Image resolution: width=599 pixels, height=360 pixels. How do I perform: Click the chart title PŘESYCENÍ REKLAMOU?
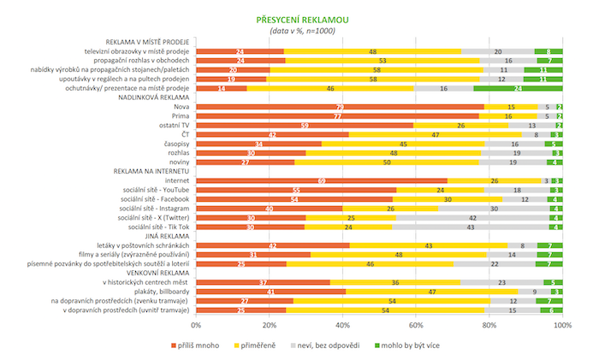pos(300,19)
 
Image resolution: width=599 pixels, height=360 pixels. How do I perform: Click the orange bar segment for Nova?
pos(340,107)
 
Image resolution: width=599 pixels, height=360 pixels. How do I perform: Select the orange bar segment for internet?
pos(322,181)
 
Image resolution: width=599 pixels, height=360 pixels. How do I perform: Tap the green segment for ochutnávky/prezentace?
pos(518,88)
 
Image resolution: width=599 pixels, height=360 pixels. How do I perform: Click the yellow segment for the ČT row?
pos(436,134)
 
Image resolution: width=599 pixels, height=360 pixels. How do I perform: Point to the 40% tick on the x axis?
pos(342,326)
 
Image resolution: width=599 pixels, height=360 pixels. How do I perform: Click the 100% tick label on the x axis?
pos(561,326)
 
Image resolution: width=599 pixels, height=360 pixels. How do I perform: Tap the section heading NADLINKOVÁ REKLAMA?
pos(146,97)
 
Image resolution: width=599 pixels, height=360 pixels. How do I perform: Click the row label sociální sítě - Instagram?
pos(153,209)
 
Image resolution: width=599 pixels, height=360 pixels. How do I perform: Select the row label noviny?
pos(179,162)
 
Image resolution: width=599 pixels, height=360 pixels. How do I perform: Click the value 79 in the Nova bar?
pos(340,107)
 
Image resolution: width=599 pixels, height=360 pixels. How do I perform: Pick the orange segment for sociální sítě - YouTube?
pos(296,191)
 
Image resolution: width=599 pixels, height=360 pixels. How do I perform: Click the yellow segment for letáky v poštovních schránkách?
pos(428,246)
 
